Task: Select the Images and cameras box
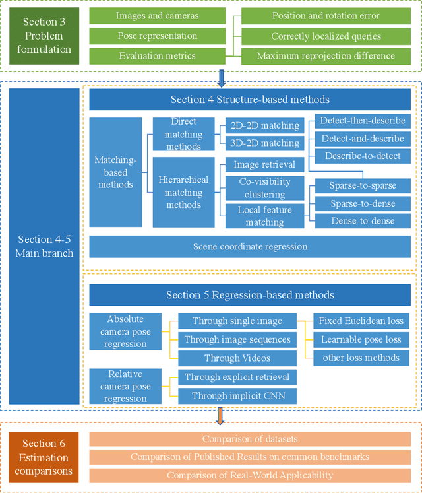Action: (157, 15)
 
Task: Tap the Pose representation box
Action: (157, 36)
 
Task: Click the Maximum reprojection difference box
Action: (326, 57)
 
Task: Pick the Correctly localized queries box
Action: (326, 36)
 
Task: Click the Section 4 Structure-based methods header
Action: (250, 100)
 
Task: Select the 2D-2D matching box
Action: (262, 125)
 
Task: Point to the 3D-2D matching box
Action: (262, 143)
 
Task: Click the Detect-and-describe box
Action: (362, 139)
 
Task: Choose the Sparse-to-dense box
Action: (362, 204)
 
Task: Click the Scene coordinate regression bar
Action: (250, 246)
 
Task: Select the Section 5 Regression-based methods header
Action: (250, 295)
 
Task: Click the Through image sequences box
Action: (237, 340)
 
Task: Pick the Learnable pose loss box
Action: (361, 340)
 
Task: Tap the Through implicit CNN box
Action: (237, 396)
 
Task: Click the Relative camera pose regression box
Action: (125, 386)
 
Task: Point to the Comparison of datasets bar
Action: (249, 439)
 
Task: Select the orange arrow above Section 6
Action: (220, 416)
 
